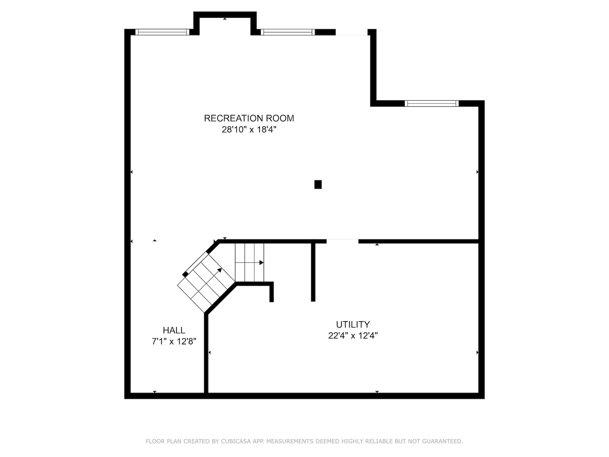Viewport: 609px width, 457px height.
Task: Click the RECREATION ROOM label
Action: tap(249, 118)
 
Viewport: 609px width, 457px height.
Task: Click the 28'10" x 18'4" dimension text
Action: tap(249, 130)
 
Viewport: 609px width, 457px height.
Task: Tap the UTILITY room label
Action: tap(353, 325)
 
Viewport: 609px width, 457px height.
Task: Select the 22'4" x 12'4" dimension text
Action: tap(353, 336)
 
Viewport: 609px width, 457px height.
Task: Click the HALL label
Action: tap(174, 330)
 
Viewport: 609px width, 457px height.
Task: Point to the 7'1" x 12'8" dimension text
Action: tap(174, 341)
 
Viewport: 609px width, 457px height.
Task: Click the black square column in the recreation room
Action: tap(318, 184)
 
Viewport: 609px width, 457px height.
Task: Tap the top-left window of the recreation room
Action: tap(162, 32)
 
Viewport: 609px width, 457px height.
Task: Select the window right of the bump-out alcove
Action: tap(288, 32)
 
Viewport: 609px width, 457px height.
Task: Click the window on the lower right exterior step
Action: tap(431, 103)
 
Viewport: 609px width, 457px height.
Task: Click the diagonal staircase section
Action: tap(205, 281)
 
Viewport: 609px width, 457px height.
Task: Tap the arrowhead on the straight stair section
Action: tap(261, 263)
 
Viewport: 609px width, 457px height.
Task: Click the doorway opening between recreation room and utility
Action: tap(342, 242)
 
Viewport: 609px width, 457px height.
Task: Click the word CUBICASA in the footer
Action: tap(236, 441)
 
